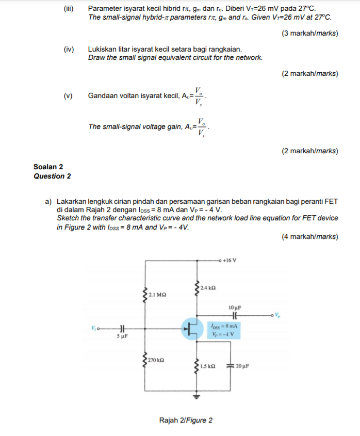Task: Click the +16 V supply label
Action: click(x=230, y=260)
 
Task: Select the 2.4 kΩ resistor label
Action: click(x=208, y=287)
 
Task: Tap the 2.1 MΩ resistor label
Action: click(x=157, y=295)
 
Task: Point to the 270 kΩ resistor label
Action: click(x=156, y=359)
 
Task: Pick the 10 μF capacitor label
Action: click(x=234, y=307)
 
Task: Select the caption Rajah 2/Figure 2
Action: click(x=186, y=420)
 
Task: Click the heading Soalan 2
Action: click(x=48, y=167)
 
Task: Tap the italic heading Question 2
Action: click(x=52, y=176)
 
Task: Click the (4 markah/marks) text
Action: click(x=310, y=237)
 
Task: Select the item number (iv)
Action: click(x=69, y=49)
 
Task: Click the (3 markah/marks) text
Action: click(x=310, y=34)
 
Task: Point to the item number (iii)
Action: click(x=69, y=8)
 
